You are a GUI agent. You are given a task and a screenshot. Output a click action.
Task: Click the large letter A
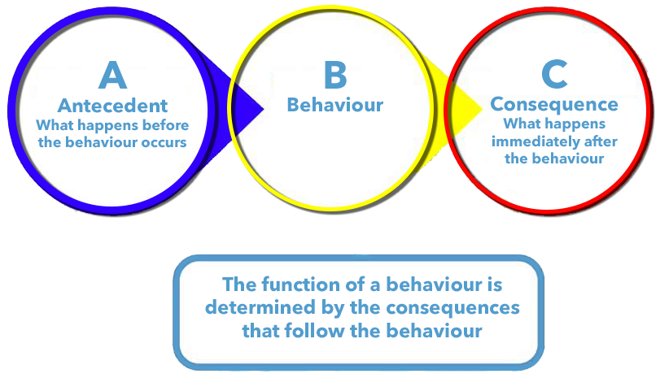click(112, 76)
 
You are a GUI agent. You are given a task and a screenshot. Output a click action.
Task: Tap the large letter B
click(334, 76)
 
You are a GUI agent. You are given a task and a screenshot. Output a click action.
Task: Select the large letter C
click(553, 76)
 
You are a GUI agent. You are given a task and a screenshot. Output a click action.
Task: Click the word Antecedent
click(112, 106)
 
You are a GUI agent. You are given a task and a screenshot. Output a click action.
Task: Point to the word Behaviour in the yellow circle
click(334, 106)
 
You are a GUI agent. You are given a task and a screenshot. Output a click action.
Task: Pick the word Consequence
click(553, 106)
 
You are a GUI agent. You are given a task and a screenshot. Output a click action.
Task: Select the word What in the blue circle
click(55, 126)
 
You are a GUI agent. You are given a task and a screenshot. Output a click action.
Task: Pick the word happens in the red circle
click(569, 125)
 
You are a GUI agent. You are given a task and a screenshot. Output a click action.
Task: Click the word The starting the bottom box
click(241, 286)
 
